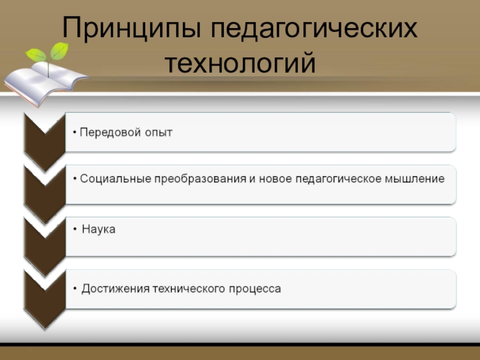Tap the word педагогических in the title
[315, 29]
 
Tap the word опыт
[158, 132]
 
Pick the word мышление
[415, 179]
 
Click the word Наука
[98, 229]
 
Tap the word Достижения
[115, 289]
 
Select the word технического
[188, 289]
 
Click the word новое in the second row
[277, 179]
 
